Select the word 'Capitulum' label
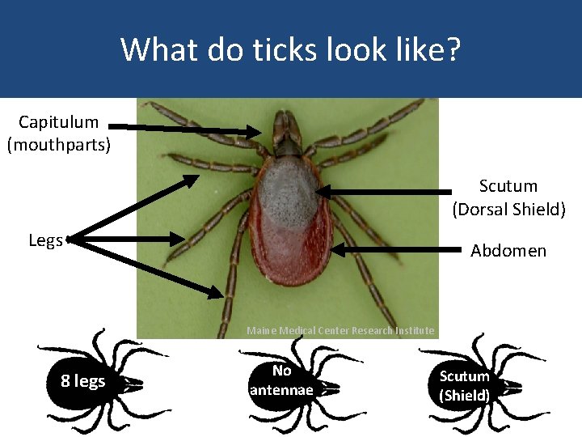pos(58,123)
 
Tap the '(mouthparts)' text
pos(58,146)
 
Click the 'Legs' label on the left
pos(45,240)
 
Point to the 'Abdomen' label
pos(508,251)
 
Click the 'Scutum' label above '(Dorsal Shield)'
pos(508,187)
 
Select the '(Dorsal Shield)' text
pos(508,210)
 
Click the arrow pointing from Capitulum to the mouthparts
pos(186,128)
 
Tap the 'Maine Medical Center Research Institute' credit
pos(340,330)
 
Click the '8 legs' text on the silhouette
pos(83,380)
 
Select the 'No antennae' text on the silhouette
pos(281,380)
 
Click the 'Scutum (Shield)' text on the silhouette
pos(464,386)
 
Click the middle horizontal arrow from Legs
pos(129,239)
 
